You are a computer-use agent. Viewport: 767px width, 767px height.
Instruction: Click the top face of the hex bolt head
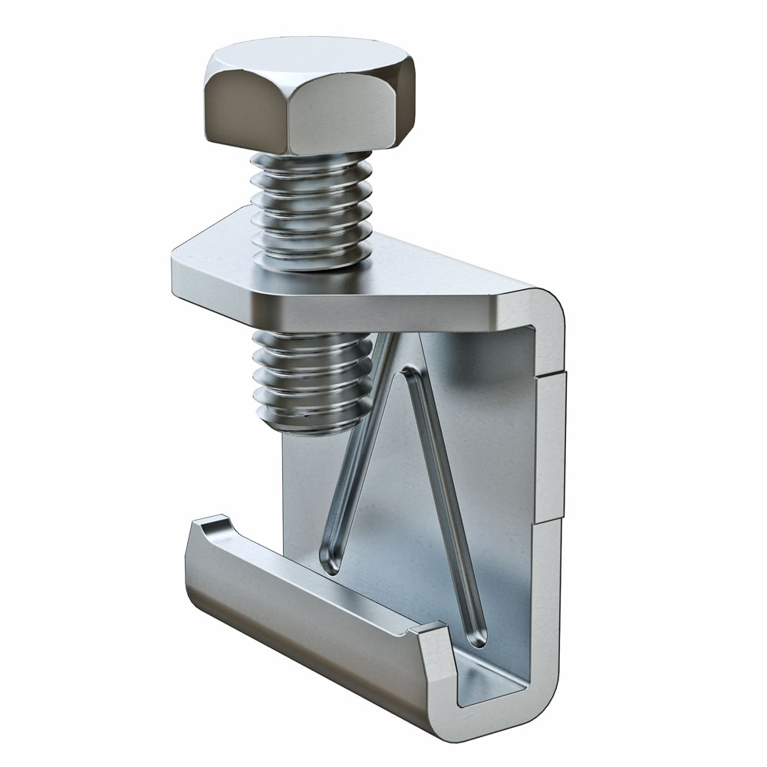pos(307,58)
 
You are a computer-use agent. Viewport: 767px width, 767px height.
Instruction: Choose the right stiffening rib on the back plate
pos(445,499)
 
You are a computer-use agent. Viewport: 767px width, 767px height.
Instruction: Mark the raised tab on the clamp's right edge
pos(554,445)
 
